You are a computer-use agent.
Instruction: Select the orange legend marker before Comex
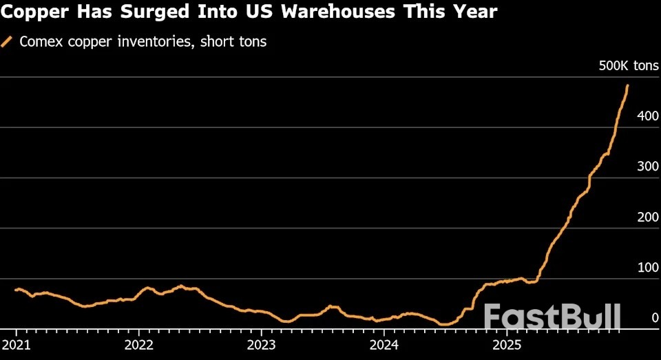[x=8, y=42]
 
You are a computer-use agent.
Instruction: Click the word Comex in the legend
[x=39, y=42]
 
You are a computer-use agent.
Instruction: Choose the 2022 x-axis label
[x=139, y=344]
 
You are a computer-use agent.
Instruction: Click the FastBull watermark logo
[x=552, y=317]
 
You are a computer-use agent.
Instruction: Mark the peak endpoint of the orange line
[x=627, y=85]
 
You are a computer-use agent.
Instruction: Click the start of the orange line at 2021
[x=16, y=289]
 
